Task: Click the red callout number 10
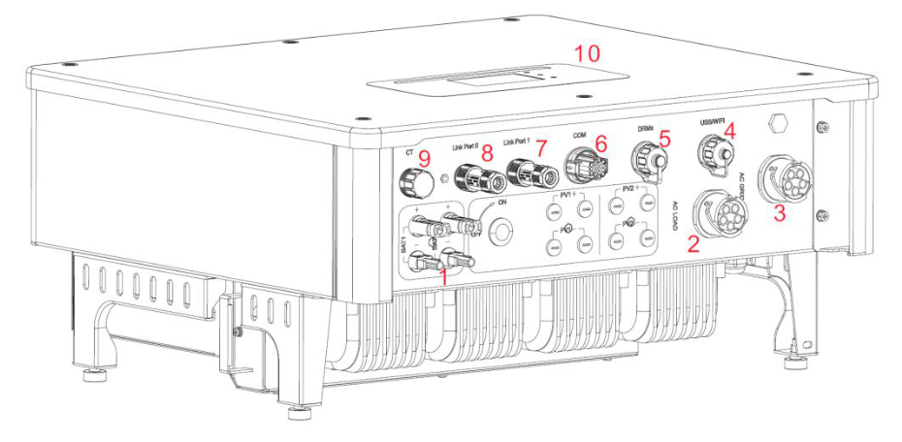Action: click(587, 51)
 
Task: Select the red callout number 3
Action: click(778, 214)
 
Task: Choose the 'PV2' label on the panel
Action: click(628, 190)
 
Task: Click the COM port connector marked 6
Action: click(578, 169)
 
